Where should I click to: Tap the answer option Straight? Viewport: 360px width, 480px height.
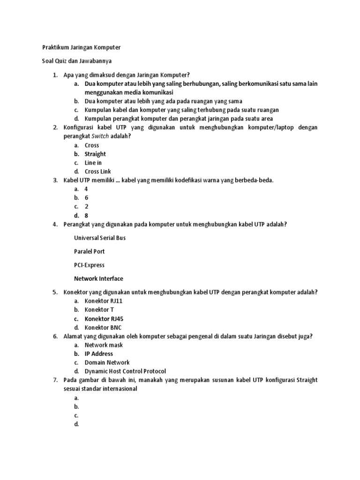pos(95,154)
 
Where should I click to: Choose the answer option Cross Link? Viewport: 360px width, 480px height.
pos(97,172)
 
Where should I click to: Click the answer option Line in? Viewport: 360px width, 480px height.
pos(93,163)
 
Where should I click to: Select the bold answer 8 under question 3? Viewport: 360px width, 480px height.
pos(86,216)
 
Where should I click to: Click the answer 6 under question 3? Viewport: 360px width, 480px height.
pos(86,198)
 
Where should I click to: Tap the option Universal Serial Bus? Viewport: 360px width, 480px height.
pos(100,238)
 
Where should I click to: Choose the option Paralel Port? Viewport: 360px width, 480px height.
pos(89,251)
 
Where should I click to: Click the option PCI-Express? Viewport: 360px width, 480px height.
pos(89,265)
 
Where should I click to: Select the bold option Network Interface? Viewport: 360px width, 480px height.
pos(98,278)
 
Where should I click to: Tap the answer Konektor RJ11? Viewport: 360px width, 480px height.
pos(103,301)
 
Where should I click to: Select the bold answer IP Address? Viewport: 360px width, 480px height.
pos(98,354)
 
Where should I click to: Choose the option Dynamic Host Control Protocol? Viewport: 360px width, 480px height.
pos(125,371)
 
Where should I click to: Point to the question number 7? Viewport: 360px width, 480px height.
pos(55,380)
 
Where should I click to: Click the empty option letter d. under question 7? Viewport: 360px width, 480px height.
pos(76,424)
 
